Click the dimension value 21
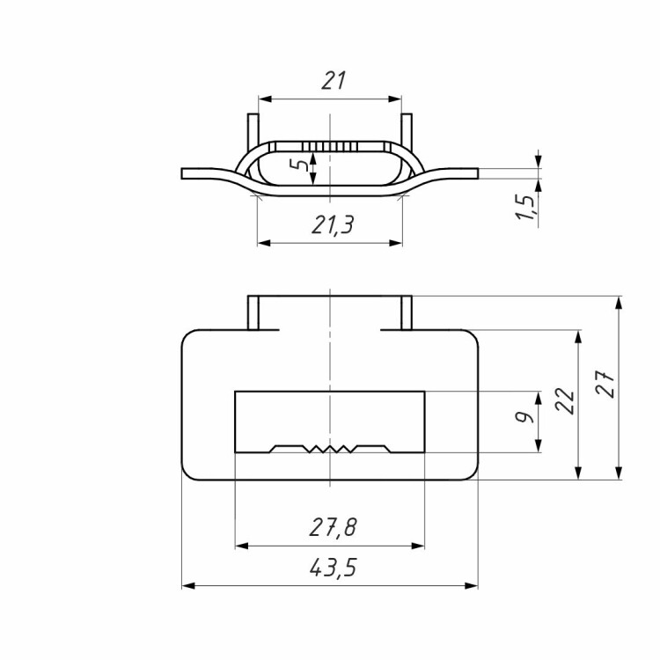334,80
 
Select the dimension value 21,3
333,224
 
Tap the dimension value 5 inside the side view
301,165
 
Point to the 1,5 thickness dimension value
526,207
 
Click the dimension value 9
524,417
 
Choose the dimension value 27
606,384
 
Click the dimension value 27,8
333,527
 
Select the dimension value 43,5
333,568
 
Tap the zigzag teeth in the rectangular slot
330,449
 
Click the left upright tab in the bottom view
253,312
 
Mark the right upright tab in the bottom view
407,312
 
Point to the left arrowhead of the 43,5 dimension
188,585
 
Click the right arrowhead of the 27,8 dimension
417,546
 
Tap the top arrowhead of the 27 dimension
619,303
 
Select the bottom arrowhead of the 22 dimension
578,473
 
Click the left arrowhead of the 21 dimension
265,99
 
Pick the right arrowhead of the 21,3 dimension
396,243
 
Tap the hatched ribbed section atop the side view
330,146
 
